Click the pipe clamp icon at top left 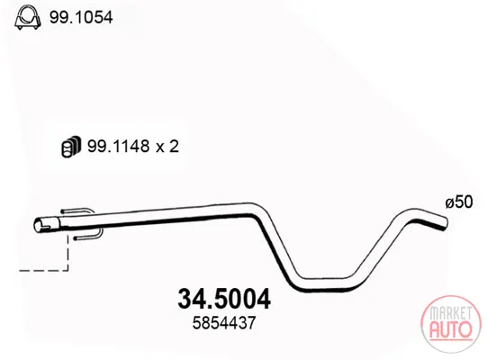tap(27, 17)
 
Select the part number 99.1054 tap(81, 17)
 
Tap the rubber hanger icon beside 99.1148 tap(71, 146)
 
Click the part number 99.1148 tap(118, 146)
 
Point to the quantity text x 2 tap(167, 147)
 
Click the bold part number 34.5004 tap(224, 299)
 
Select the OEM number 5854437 tap(224, 323)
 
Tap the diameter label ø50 tap(459, 202)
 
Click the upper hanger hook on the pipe tap(77, 211)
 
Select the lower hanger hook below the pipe tap(87, 236)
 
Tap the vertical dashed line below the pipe tap(68, 252)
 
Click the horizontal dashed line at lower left tap(43, 270)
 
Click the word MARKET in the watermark tap(451, 313)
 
